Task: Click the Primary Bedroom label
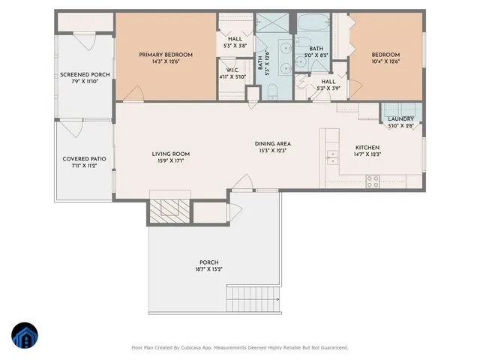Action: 166,55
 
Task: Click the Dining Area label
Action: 272,143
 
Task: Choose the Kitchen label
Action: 367,147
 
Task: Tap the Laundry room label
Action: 400,119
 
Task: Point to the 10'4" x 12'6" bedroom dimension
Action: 385,62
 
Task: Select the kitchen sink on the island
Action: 331,158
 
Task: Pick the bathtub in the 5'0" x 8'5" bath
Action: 310,29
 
